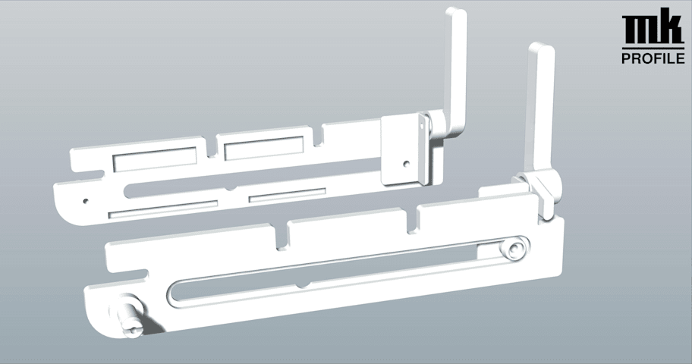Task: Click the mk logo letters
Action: click(x=653, y=29)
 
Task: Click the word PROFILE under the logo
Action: click(x=653, y=58)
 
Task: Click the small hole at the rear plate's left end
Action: click(x=86, y=201)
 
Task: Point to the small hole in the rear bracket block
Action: click(x=407, y=164)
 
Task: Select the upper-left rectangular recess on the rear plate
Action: click(x=155, y=158)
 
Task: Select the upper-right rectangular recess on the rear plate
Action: click(x=264, y=148)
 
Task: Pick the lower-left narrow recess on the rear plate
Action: click(x=163, y=209)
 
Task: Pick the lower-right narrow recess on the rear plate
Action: click(x=288, y=195)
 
